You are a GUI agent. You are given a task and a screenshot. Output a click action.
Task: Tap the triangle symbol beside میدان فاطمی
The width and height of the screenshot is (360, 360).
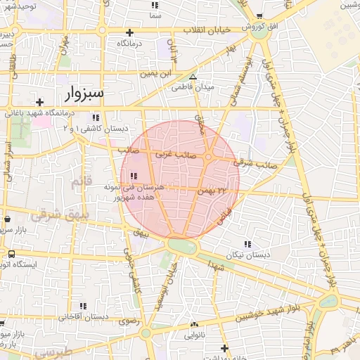coord(193,77)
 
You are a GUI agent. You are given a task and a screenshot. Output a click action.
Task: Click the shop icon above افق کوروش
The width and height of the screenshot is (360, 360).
coord(259,16)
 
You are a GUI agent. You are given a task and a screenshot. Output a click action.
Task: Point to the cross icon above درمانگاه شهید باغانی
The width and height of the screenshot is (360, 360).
coord(40,101)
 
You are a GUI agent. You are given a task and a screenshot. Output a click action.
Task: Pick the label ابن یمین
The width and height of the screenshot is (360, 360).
coord(155,72)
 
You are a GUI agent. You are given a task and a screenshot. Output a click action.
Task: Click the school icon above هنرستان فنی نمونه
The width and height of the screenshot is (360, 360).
coord(134,176)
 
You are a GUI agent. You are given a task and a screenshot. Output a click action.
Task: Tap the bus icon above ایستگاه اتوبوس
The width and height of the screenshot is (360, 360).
coord(11,255)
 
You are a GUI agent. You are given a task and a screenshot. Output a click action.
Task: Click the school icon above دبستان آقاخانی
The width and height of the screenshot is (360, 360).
coord(84,306)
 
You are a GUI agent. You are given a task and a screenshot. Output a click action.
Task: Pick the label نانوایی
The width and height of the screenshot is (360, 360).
coord(193,336)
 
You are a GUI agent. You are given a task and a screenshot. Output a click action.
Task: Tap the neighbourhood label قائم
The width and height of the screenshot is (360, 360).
coord(81,183)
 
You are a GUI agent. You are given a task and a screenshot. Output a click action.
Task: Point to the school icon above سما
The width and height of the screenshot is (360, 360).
coord(155,5)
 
